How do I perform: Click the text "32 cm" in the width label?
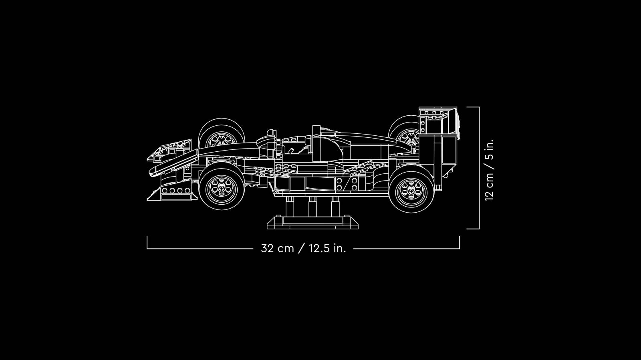(x=278, y=248)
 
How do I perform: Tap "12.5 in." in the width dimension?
(x=327, y=248)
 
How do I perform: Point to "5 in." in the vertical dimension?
(x=489, y=149)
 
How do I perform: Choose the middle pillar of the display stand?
(x=313, y=207)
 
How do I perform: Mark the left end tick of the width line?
(x=147, y=242)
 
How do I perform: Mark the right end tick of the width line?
(x=460, y=242)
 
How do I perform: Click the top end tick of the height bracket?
(x=473, y=107)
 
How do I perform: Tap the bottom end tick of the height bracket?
(x=473, y=229)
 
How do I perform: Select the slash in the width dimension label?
(x=302, y=248)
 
